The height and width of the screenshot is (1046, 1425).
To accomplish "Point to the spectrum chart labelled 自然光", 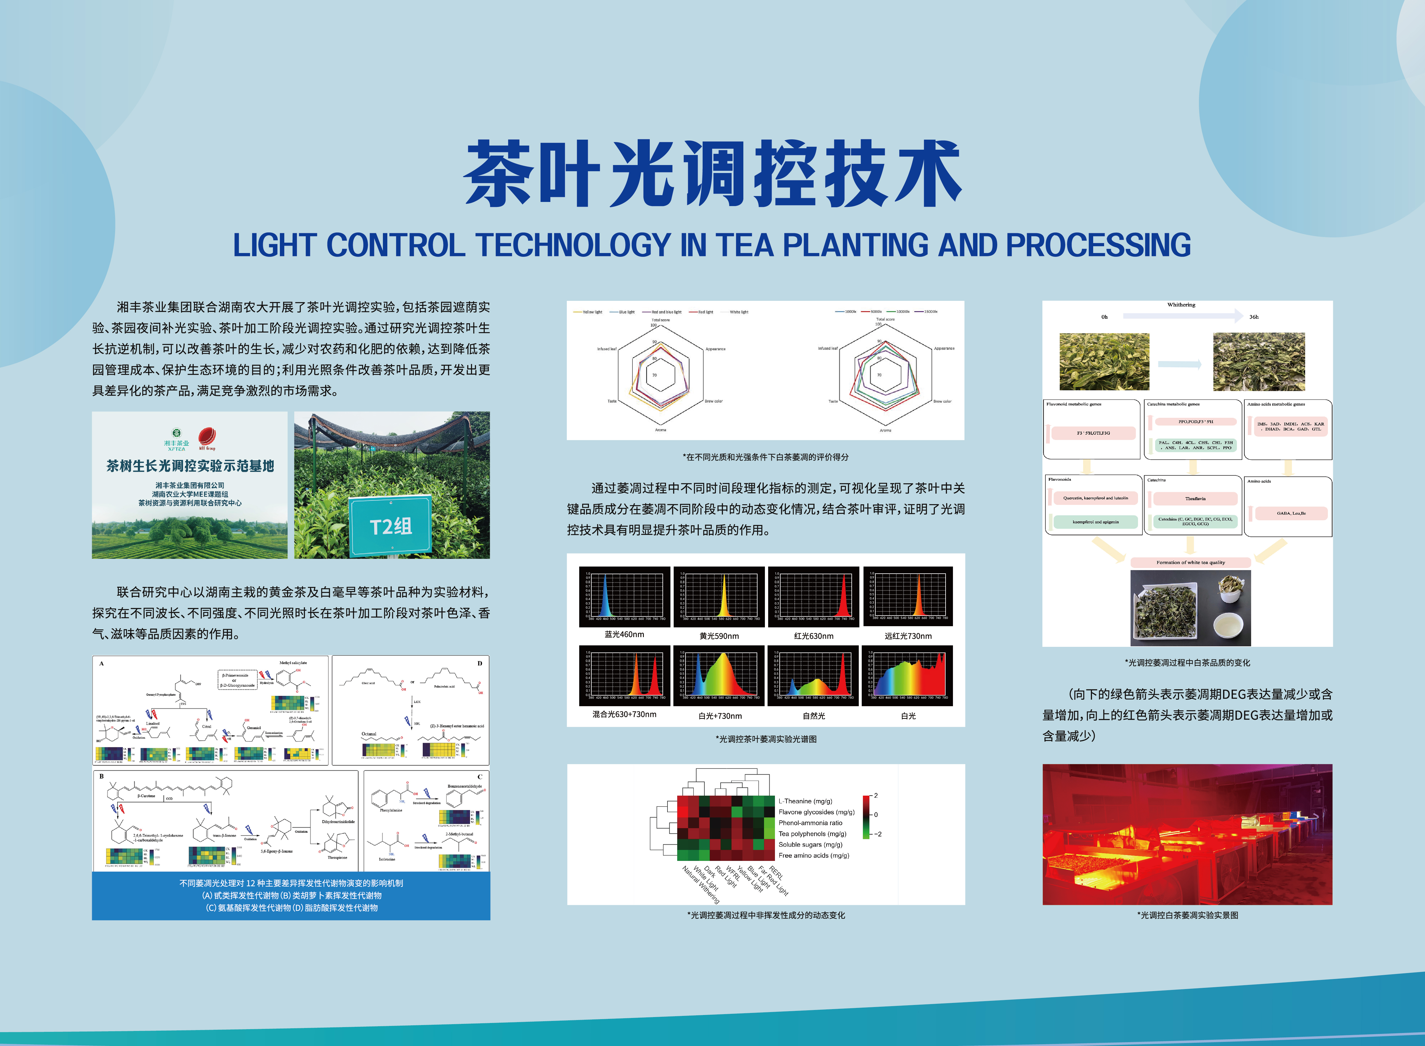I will coord(814,675).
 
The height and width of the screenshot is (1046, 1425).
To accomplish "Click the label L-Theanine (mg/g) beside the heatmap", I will coord(805,801).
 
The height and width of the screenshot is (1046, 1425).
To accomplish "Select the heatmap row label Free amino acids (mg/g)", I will coord(814,855).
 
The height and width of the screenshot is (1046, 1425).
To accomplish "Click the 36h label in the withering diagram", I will coord(1253,316).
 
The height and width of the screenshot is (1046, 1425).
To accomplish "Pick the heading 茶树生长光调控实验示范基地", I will coord(190,466).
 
